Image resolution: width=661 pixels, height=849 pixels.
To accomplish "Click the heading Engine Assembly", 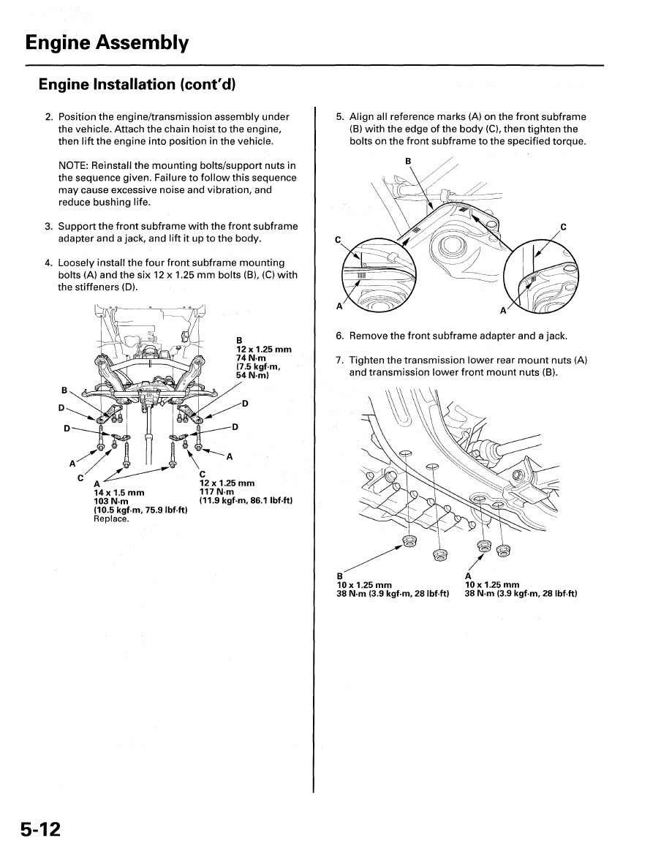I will pos(107,43).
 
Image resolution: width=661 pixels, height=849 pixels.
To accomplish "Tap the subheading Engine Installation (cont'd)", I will pos(137,85).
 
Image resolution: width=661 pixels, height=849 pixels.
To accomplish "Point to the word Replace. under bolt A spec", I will pos(111,518).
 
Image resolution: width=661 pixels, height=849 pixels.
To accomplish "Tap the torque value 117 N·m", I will pos(216,491).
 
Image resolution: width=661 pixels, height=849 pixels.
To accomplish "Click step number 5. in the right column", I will pos(340,117).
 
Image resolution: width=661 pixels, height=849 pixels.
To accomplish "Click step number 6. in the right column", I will pos(340,336).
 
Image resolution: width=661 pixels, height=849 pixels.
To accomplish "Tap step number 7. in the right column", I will pos(340,361).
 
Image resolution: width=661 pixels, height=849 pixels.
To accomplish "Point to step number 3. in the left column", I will pos(49,226).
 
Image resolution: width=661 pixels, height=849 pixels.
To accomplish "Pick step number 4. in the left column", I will pos(49,263).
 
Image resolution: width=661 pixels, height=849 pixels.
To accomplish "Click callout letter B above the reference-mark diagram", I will pos(408,161).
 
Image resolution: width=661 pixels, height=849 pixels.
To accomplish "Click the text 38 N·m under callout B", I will pos(352,594).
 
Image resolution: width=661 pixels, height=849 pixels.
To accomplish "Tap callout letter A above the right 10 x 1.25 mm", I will pos(468,576).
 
